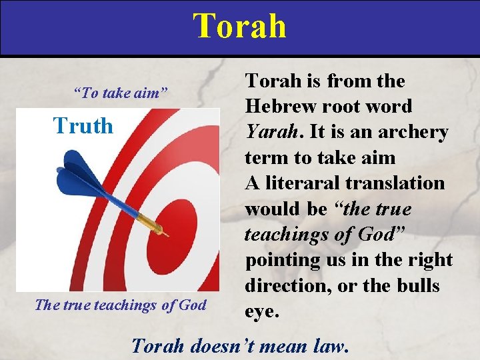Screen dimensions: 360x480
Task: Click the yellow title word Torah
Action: [240, 26]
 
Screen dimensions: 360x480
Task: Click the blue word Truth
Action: [83, 125]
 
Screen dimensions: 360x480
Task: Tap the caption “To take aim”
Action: [120, 93]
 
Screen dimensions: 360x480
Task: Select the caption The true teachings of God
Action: [120, 305]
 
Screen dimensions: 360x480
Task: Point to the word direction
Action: [284, 286]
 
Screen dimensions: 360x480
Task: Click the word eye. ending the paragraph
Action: [259, 311]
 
